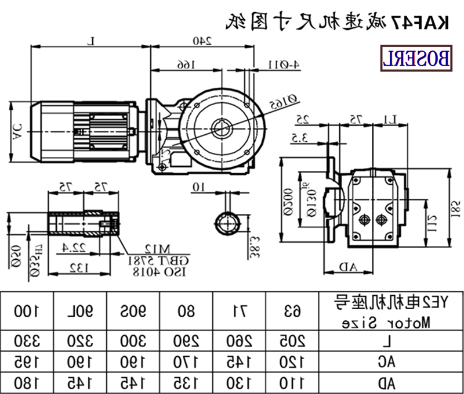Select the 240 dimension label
(x=201, y=41)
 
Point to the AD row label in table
(x=390, y=382)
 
